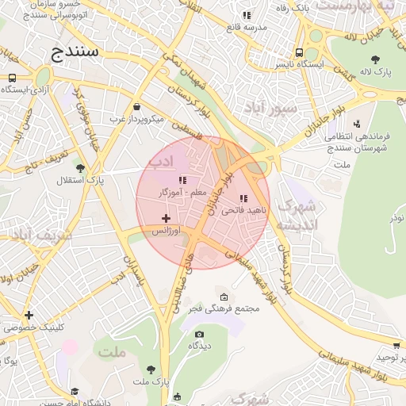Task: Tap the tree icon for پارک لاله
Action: (x=375, y=59)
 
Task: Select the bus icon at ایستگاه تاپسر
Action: (x=304, y=48)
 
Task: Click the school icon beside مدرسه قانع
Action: (x=247, y=15)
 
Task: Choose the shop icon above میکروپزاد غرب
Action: (x=136, y=106)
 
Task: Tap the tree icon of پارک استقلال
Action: (x=80, y=167)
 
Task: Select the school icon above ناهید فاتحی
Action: (x=243, y=198)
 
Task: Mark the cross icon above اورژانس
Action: (x=166, y=218)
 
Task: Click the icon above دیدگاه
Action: (x=198, y=334)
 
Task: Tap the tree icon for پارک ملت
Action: (x=151, y=370)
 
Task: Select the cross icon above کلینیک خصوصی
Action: (x=29, y=315)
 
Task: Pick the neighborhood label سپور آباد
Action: (x=270, y=106)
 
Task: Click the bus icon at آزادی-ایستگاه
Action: (x=12, y=79)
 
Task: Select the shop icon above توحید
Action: (x=396, y=346)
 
